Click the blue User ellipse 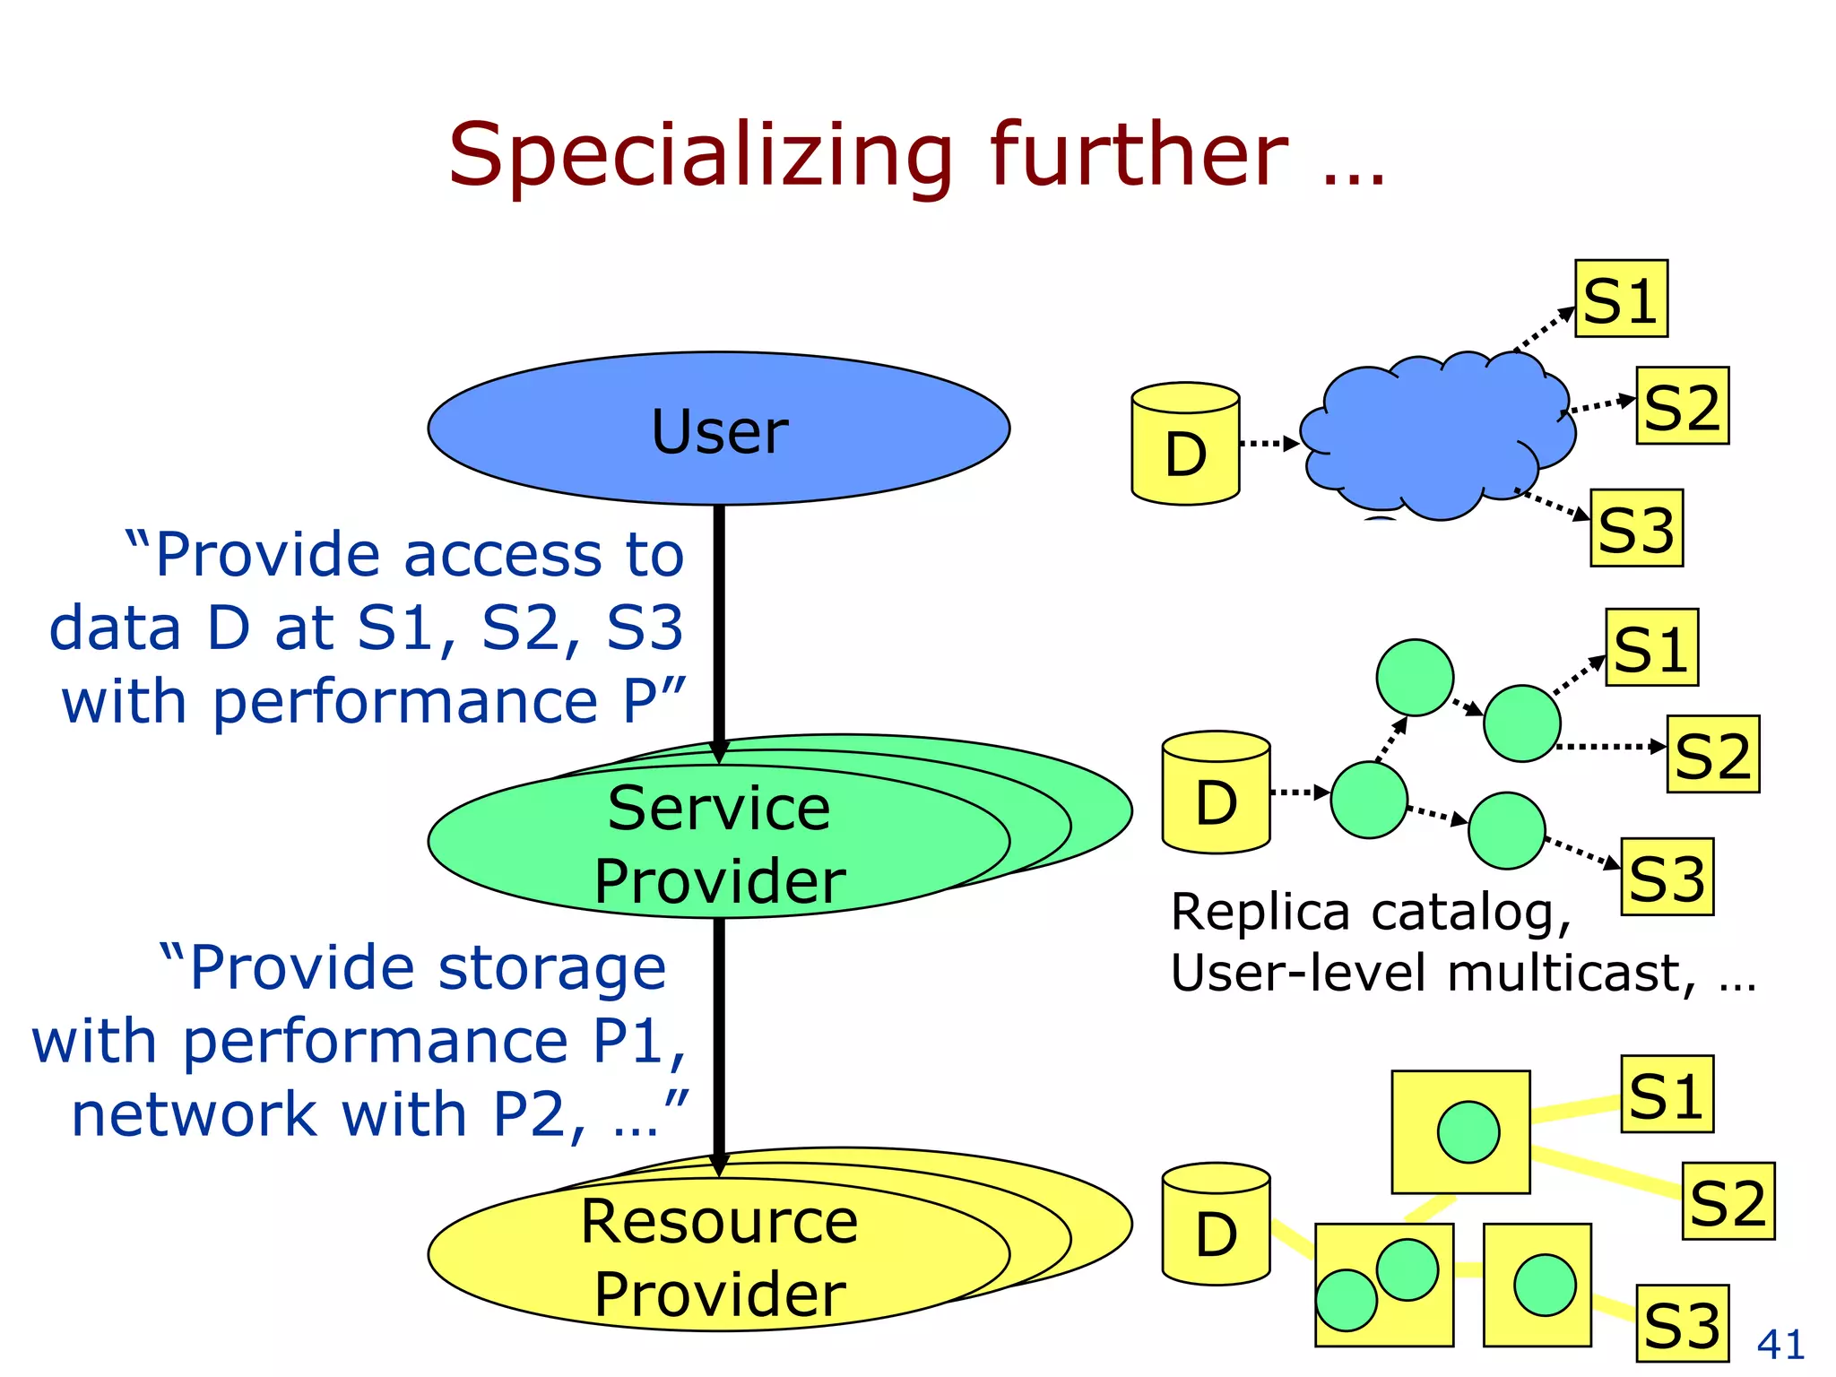click(718, 429)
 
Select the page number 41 click(1780, 1344)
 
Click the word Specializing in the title click(699, 157)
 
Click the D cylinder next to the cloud click(1185, 446)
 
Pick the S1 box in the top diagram click(1621, 299)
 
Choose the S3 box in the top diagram click(1636, 528)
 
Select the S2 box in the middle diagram click(1712, 755)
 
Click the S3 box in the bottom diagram click(1682, 1323)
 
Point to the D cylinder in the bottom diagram click(1216, 1225)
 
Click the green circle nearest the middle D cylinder click(1369, 800)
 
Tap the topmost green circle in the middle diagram click(1415, 678)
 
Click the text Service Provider click(719, 844)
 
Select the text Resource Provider click(719, 1257)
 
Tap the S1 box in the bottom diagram click(1667, 1095)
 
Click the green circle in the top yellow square click(1468, 1132)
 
